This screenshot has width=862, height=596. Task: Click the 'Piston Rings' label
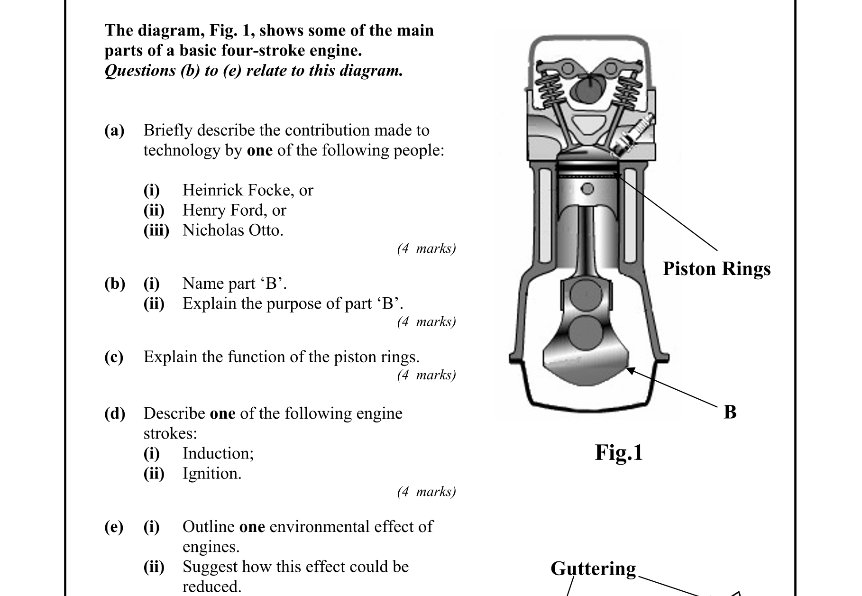tap(716, 269)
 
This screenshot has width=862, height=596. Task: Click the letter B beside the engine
tap(730, 412)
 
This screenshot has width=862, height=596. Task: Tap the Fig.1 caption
tap(619, 452)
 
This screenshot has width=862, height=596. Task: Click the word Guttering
tap(593, 568)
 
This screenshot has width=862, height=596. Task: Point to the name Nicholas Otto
tap(232, 230)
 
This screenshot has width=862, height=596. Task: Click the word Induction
tap(218, 453)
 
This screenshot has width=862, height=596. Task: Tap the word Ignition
tap(211, 473)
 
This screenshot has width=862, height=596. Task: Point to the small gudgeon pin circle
tap(587, 189)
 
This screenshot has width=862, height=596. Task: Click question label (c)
tap(114, 357)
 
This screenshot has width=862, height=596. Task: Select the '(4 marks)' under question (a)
tap(426, 248)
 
